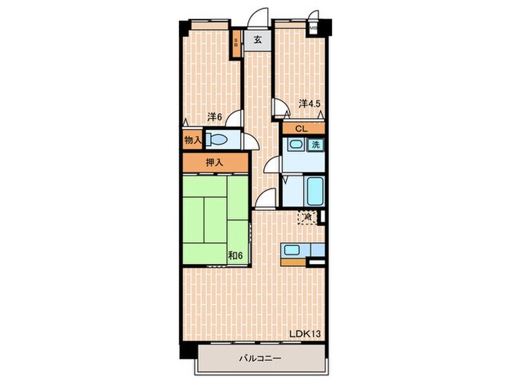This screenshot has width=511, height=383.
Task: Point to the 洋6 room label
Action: pyautogui.click(x=213, y=116)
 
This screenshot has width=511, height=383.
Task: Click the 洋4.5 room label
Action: pyautogui.click(x=310, y=104)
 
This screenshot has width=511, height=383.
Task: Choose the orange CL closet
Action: pyautogui.click(x=301, y=128)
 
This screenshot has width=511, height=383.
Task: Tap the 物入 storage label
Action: pyautogui.click(x=192, y=139)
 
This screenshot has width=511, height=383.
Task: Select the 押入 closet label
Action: pyautogui.click(x=213, y=162)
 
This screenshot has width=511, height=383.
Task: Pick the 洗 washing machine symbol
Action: pyautogui.click(x=315, y=144)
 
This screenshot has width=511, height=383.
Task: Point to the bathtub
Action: pyautogui.click(x=315, y=191)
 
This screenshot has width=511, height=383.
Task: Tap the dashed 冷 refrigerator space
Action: pyautogui.click(x=308, y=217)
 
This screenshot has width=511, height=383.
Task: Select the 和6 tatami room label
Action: pyautogui.click(x=234, y=255)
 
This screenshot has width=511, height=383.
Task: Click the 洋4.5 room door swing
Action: pyautogui.click(x=280, y=109)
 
